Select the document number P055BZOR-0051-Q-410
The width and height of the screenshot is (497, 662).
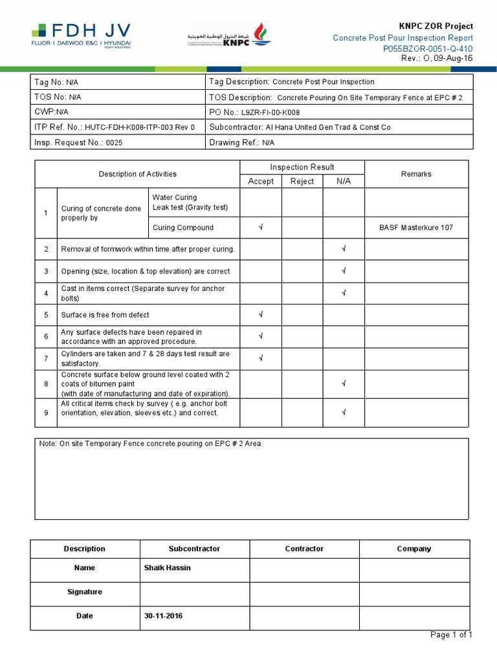point(428,48)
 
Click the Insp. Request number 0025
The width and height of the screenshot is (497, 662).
point(114,142)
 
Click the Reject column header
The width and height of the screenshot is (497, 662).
point(302,181)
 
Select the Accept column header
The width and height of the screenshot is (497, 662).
point(261,181)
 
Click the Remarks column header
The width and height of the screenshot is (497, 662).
point(416,174)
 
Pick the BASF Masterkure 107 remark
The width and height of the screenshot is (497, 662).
point(416,228)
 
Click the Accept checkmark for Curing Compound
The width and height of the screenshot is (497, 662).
point(261,228)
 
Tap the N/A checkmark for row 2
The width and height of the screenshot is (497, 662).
point(344,249)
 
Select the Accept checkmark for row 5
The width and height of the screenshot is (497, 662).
point(261,315)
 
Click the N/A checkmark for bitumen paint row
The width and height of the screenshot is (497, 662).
point(344,384)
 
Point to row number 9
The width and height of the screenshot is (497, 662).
point(46,412)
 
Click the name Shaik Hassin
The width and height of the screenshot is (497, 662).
point(167,568)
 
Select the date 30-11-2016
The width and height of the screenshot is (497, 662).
point(163,615)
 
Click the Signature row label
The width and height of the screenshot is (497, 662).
point(85,592)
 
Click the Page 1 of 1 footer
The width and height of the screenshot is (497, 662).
point(451,635)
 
